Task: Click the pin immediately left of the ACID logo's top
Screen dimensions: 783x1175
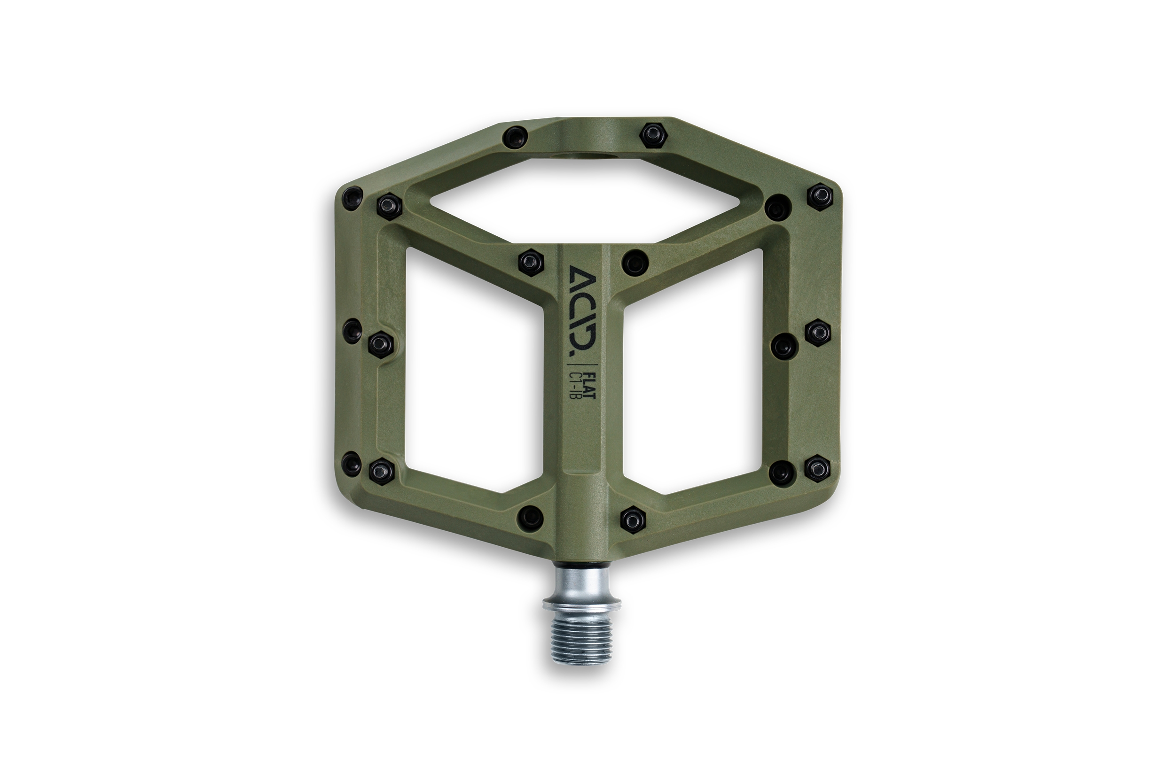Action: click(x=531, y=261)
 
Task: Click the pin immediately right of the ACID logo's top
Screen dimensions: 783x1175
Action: click(x=635, y=262)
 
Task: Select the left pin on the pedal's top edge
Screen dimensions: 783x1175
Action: click(x=515, y=135)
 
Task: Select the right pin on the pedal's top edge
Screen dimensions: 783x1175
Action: click(x=652, y=134)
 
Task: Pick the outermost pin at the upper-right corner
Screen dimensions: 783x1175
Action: click(x=820, y=196)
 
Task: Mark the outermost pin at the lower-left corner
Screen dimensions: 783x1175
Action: click(x=351, y=463)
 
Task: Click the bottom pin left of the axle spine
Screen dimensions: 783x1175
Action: click(x=531, y=516)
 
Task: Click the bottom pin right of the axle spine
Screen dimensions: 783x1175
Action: click(x=633, y=520)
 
